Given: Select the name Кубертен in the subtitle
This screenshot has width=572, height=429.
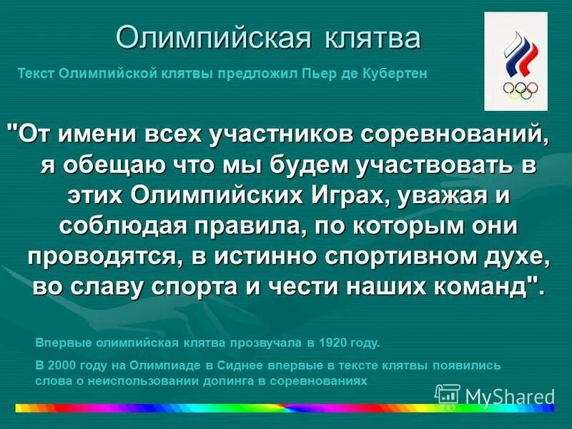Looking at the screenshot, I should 398,73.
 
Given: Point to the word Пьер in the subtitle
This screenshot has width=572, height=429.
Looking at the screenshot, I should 322,73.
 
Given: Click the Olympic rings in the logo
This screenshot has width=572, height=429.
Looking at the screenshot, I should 521,89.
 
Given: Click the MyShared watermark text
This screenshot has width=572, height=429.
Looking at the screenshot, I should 509,395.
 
